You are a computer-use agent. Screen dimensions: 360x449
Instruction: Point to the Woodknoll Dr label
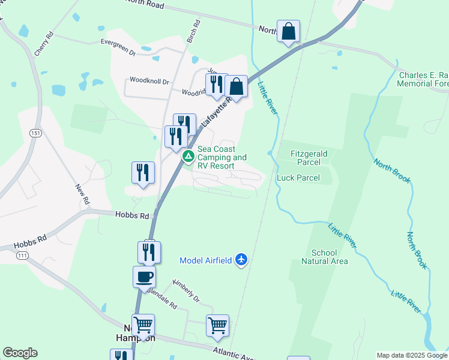[149, 80]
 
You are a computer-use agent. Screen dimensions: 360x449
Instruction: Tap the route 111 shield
[22, 256]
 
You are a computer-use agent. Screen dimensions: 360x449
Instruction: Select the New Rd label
[82, 193]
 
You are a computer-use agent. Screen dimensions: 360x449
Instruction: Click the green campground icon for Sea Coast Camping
[188, 157]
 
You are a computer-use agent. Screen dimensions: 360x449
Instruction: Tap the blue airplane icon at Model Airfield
[241, 260]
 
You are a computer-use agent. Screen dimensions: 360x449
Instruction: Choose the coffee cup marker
[144, 277]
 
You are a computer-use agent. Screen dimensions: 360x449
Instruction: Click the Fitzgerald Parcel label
[309, 154]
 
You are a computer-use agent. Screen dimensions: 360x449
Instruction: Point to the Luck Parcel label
[298, 178]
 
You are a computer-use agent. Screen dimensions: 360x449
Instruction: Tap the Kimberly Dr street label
[185, 290]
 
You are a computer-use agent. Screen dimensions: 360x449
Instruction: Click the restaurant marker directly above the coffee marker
[149, 252]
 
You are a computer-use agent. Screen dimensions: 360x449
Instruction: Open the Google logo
[20, 353]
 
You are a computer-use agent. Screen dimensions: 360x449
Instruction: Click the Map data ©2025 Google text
[412, 355]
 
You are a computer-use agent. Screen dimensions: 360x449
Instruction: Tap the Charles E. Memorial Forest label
[423, 80]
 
